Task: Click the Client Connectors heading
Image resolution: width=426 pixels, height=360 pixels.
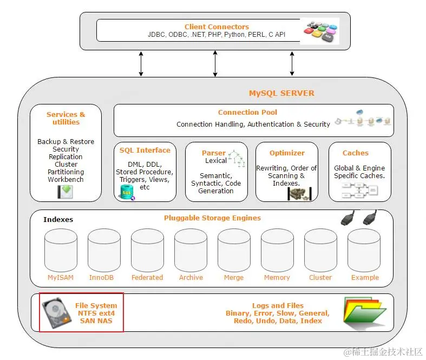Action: [217, 27]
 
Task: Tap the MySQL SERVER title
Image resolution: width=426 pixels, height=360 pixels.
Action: [281, 93]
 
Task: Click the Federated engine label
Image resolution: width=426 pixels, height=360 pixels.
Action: [147, 277]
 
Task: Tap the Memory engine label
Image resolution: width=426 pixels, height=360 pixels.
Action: [277, 277]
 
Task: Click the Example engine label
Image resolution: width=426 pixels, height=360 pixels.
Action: [365, 277]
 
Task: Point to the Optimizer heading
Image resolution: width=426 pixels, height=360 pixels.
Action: [287, 153]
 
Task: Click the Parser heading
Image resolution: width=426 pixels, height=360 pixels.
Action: [214, 153]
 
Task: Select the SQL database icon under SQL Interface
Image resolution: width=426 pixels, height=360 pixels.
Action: [127, 192]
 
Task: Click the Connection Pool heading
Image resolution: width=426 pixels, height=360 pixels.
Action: [247, 112]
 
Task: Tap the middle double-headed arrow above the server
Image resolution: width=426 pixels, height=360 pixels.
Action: [215, 63]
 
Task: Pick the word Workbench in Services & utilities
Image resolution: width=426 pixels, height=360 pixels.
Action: [65, 179]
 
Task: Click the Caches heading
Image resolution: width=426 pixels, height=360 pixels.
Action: [356, 153]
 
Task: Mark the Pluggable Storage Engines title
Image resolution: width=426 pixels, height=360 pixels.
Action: [212, 218]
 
